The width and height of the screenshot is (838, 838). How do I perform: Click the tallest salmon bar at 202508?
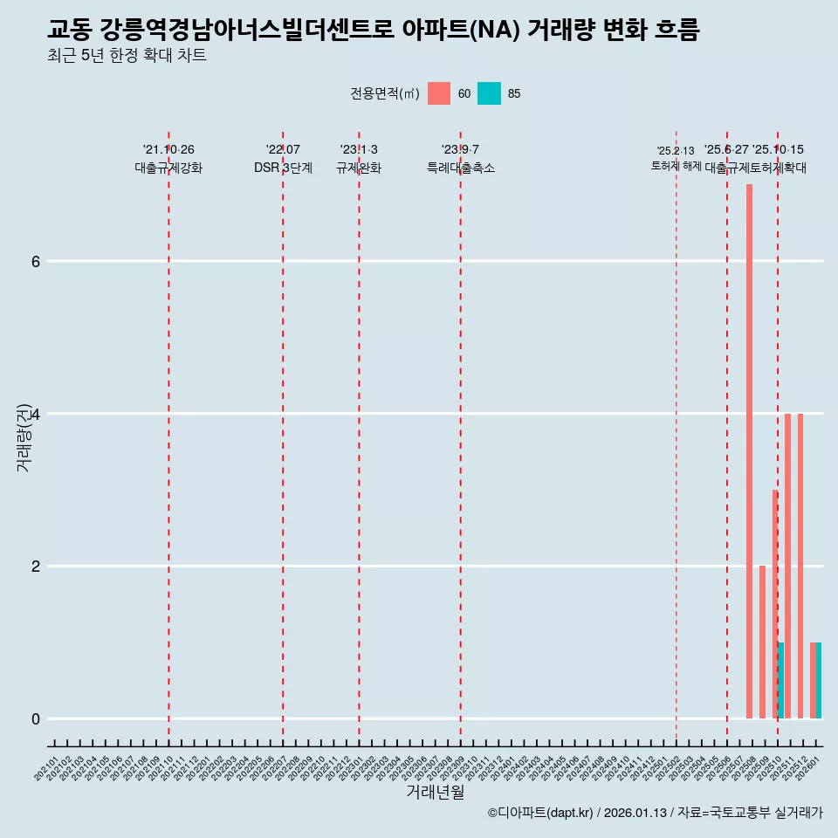click(x=749, y=451)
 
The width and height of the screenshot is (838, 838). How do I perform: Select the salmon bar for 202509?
click(x=762, y=642)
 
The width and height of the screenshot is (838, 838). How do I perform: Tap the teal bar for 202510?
click(x=781, y=681)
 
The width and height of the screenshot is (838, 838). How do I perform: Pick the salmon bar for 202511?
click(x=787, y=566)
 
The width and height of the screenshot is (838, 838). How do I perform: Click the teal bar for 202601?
click(x=819, y=681)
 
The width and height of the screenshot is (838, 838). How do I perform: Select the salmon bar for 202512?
click(x=800, y=566)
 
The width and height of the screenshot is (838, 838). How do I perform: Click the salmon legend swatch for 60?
click(x=439, y=93)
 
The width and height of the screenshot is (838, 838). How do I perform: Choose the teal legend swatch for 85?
click(x=489, y=93)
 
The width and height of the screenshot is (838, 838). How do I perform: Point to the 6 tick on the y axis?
click(x=36, y=261)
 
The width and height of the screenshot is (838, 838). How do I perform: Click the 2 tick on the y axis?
click(x=36, y=566)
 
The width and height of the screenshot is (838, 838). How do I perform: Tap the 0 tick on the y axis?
click(x=36, y=718)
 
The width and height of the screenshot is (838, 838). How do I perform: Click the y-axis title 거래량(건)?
click(x=24, y=437)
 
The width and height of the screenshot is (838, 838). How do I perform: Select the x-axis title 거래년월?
click(x=435, y=792)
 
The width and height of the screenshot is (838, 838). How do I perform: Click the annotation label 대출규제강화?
click(x=168, y=168)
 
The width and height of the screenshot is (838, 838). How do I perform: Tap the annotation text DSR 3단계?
click(x=283, y=168)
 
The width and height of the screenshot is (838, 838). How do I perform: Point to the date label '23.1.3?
click(x=359, y=149)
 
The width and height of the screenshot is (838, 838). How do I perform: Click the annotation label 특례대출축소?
click(x=460, y=168)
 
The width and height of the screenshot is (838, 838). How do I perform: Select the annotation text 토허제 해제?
click(x=676, y=165)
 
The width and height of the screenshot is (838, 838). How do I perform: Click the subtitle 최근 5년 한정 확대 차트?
click(x=127, y=57)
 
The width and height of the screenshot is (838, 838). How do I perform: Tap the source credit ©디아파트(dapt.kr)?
click(x=540, y=813)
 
